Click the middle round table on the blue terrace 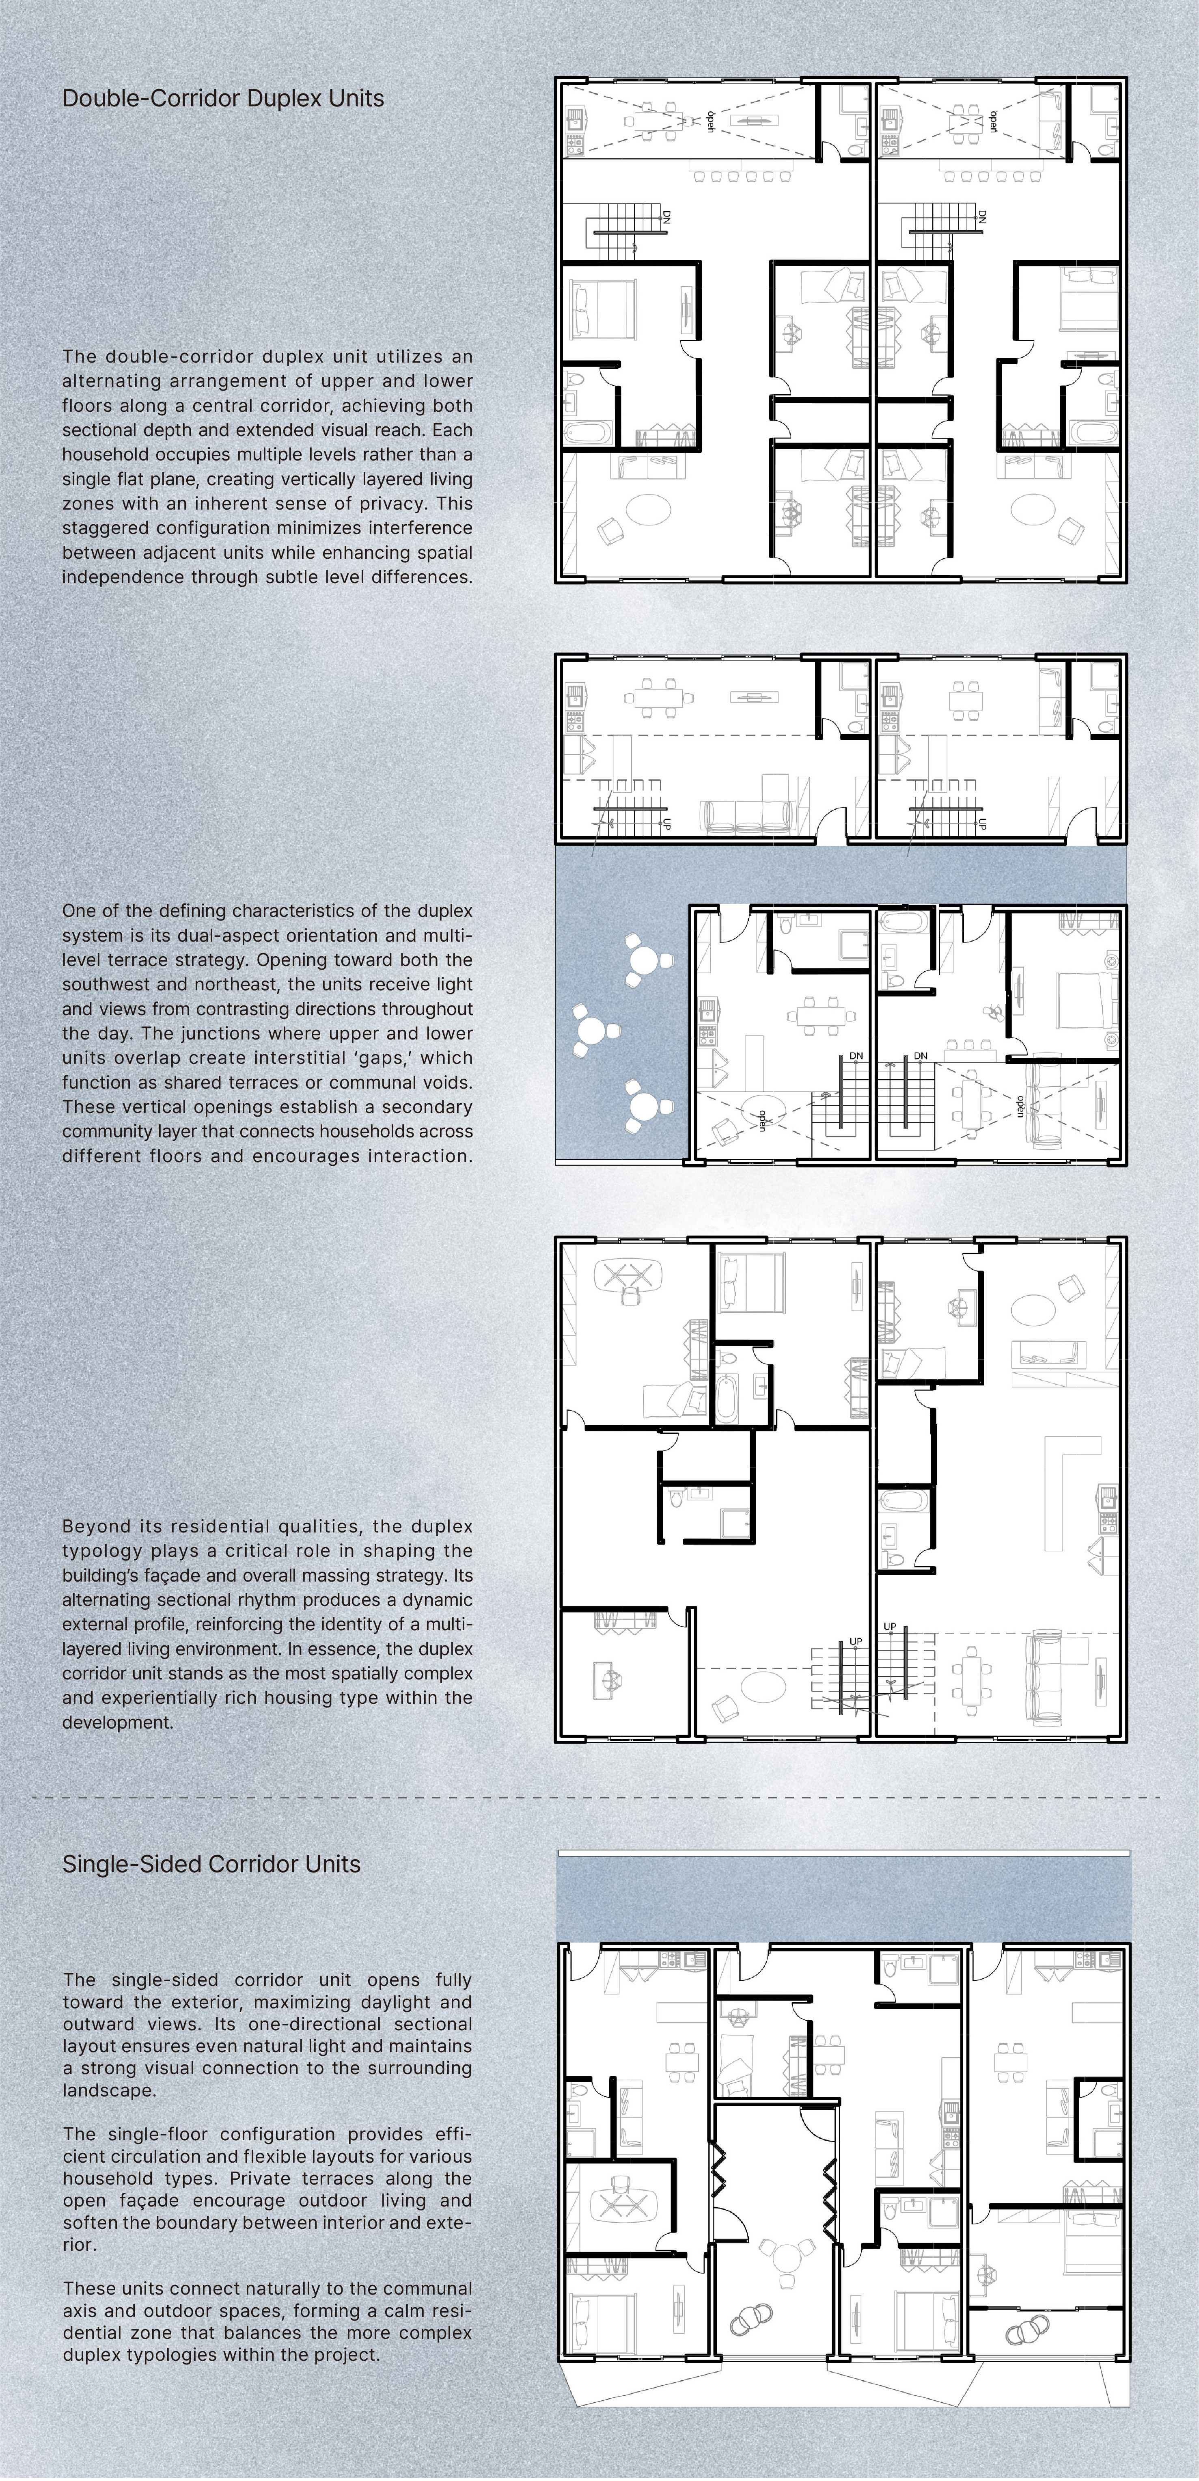589,1031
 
